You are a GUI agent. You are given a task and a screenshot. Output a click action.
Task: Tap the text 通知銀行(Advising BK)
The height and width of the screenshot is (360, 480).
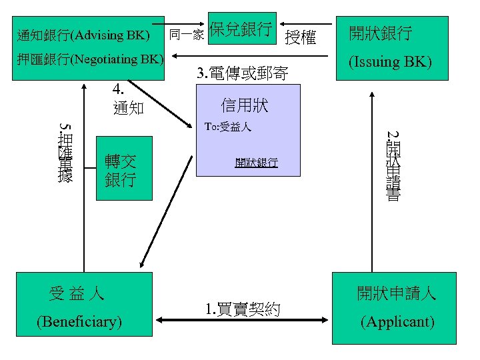83,34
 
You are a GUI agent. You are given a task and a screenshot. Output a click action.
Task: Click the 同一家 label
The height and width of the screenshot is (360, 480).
187,34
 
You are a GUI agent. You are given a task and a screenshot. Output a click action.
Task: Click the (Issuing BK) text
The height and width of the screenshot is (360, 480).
391,63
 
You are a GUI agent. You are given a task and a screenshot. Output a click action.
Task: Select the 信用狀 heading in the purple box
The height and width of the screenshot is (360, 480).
244,105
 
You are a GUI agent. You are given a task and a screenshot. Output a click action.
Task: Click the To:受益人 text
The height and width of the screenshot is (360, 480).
227,127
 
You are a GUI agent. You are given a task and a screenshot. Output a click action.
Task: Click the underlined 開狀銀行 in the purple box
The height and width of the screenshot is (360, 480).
256,162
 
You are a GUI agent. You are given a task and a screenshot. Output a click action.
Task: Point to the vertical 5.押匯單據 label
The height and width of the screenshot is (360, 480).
65,152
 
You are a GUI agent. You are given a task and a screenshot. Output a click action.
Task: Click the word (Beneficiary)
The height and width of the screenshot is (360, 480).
80,322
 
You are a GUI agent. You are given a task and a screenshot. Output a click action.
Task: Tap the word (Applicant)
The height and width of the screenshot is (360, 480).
397,322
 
